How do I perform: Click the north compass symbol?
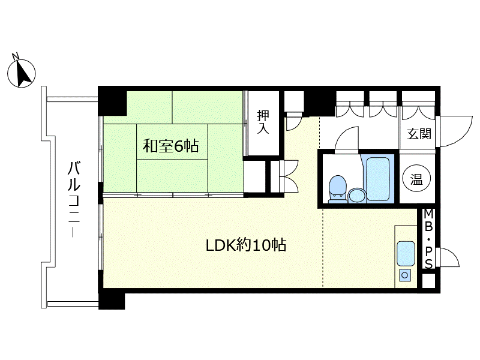22,73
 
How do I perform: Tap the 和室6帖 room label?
171,146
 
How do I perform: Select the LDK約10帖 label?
246,245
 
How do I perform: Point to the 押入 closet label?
263,122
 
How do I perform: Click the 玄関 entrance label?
419,134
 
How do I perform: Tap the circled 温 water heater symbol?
416,178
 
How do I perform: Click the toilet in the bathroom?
338,189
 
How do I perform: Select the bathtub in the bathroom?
377,178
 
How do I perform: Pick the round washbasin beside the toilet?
357,196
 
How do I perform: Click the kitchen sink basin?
406,253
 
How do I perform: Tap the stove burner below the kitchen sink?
405,275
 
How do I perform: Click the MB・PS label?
428,239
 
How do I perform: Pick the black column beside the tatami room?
112,101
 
